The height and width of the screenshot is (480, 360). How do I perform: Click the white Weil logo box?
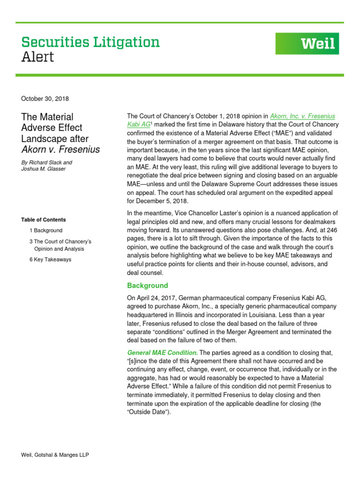coord(307,44)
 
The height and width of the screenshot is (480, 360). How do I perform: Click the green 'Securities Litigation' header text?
coord(90,42)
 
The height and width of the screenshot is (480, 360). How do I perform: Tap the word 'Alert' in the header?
coord(37,57)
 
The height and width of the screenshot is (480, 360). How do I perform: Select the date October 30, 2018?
coord(45,98)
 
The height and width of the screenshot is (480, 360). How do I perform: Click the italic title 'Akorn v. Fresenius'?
coord(60,150)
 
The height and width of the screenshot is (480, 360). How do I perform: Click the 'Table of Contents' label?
coord(44,219)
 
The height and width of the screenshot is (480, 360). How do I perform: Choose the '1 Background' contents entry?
coord(46,231)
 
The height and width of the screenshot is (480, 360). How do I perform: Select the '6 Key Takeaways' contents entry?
coord(50,260)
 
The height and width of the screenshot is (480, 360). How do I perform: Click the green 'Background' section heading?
coord(147,285)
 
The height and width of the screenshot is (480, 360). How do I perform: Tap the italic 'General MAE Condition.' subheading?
coord(162,352)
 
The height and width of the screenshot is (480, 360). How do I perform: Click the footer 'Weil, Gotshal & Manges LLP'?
coord(55,455)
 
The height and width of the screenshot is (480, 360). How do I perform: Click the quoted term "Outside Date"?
coord(149,412)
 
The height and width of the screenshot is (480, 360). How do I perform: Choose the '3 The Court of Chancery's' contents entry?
coord(60,241)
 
